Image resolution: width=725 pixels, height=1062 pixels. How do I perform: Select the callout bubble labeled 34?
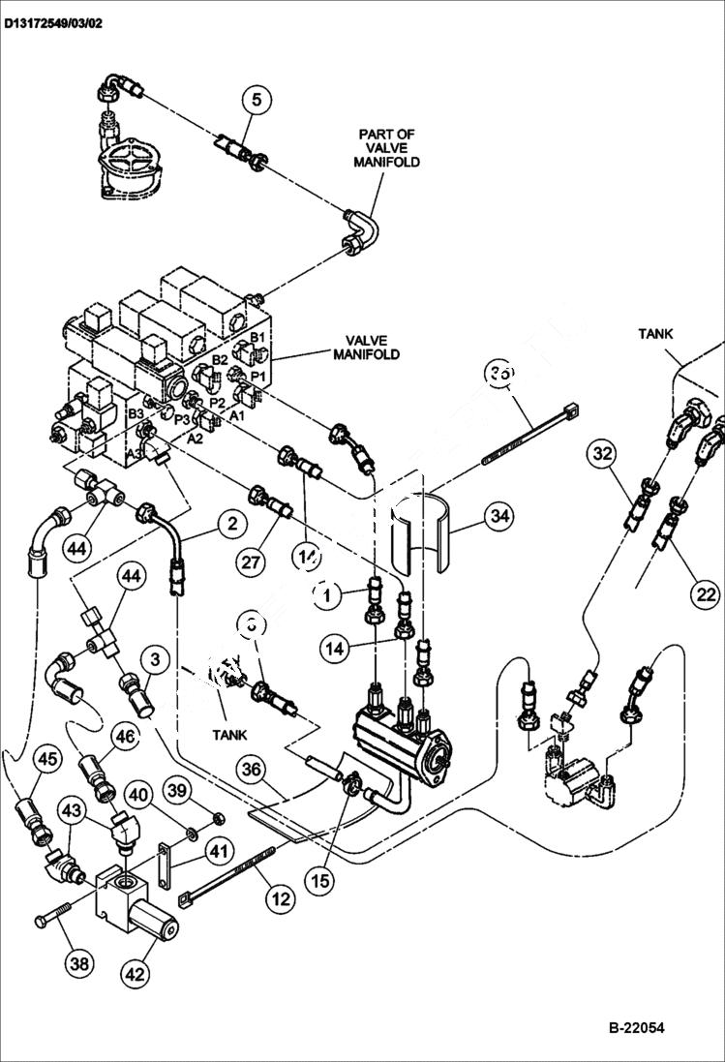(x=498, y=517)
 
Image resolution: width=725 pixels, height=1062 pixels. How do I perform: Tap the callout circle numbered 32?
(x=603, y=453)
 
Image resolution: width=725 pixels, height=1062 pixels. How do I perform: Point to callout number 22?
(x=708, y=593)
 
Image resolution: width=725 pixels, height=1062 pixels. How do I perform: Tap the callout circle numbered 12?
(x=280, y=898)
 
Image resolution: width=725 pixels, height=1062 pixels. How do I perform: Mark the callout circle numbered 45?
(x=46, y=760)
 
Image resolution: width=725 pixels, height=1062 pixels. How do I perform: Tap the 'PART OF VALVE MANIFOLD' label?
(x=389, y=148)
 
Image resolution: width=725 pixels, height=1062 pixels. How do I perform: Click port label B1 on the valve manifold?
(x=258, y=337)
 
